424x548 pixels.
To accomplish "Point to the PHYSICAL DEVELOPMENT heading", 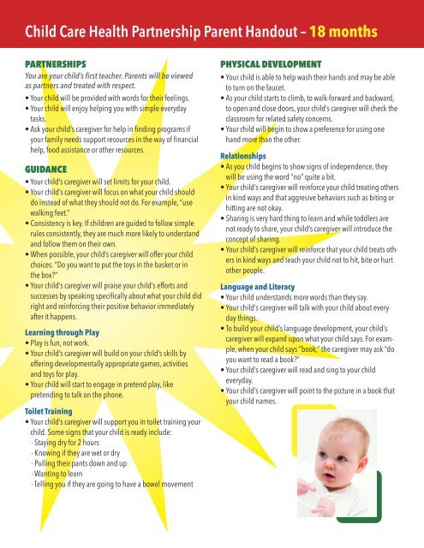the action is click(274, 63).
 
